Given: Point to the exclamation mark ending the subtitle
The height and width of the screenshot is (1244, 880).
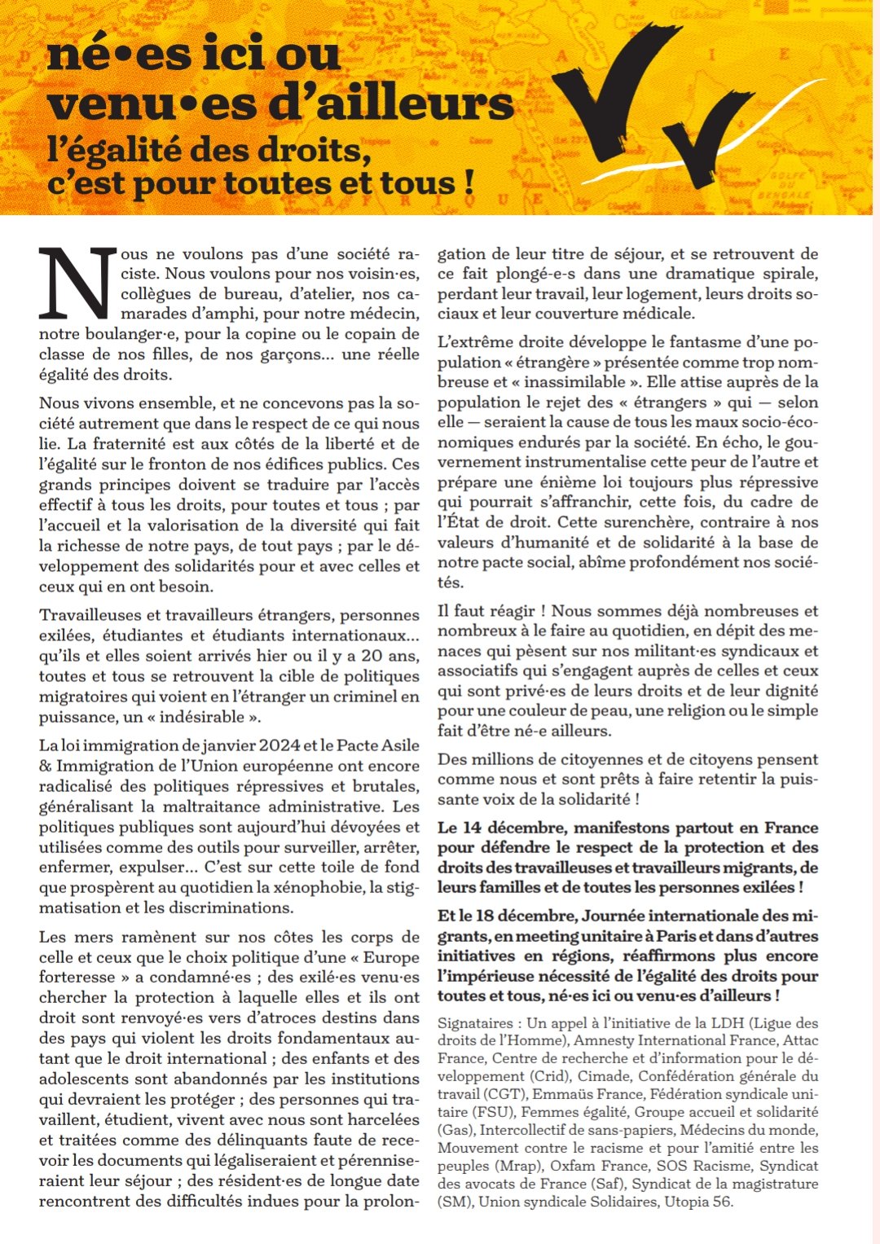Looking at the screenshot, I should tap(469, 181).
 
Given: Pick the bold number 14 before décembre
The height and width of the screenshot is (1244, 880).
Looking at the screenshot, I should tap(471, 827).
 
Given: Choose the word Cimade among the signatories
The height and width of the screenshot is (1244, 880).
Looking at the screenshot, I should tap(604, 1076).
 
